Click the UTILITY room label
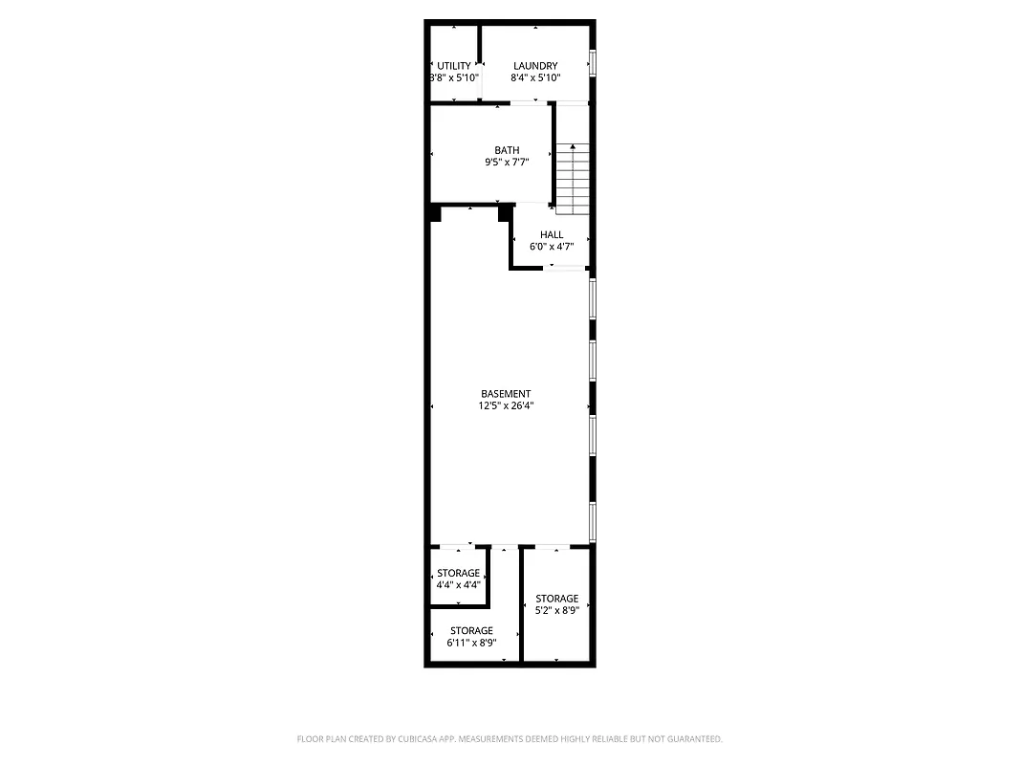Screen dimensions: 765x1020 [x=454, y=66]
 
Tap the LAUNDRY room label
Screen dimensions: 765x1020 [x=535, y=66]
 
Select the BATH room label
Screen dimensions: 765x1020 [x=507, y=150]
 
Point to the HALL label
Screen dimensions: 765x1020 [x=552, y=234]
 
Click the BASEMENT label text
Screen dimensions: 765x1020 [x=506, y=394]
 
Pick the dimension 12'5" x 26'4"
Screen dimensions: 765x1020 [x=506, y=405]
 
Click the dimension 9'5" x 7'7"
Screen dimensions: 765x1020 [x=507, y=163]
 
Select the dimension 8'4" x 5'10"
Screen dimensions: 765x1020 [x=535, y=77]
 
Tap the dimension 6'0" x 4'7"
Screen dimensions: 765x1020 [x=552, y=246]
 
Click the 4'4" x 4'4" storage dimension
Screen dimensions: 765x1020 [x=458, y=584]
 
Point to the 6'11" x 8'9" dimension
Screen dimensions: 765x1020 [x=471, y=643]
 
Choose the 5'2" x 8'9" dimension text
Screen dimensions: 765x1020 [x=556, y=610]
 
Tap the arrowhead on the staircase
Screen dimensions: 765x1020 [x=573, y=147]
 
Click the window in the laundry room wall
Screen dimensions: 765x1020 [x=593, y=62]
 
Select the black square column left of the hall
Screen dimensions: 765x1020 [x=505, y=213]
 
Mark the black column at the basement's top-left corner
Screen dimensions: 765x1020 [x=435, y=213]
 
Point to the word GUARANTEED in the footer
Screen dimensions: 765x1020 [x=694, y=739]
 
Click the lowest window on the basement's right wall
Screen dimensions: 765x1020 [x=593, y=522]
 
